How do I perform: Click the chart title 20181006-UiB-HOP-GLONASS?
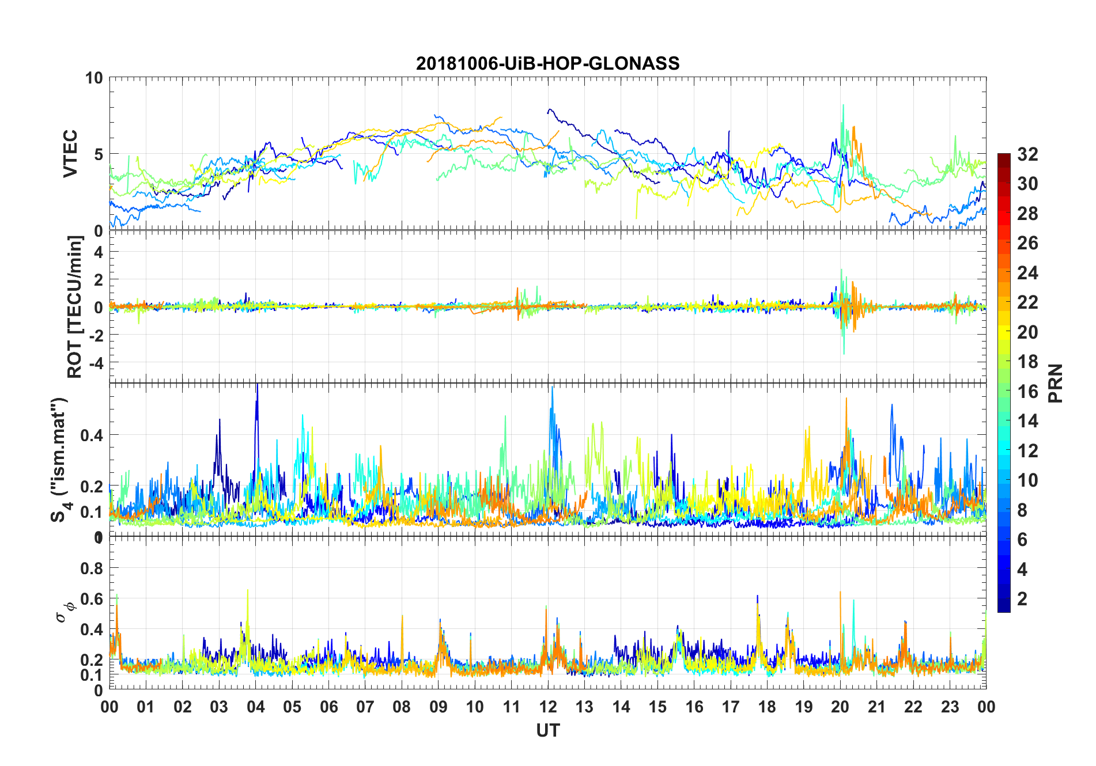[x=547, y=63]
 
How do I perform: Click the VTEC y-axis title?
[x=70, y=154]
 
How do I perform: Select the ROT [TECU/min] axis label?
[x=75, y=306]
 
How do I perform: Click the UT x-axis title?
[x=547, y=731]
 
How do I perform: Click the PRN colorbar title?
[x=1056, y=383]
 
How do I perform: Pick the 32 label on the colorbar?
[x=1027, y=154]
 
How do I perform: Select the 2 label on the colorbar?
[x=1022, y=599]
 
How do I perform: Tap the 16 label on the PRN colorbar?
[x=1027, y=392]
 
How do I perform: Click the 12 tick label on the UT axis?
[x=548, y=707]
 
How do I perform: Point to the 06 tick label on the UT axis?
[x=329, y=707]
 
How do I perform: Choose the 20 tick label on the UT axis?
[x=840, y=707]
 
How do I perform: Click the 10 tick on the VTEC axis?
[x=94, y=78]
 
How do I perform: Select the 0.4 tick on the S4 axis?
[x=92, y=435]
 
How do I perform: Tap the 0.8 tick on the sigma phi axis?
[x=92, y=568]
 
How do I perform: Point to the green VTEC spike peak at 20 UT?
[x=843, y=106]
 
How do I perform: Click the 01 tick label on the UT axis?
[x=146, y=707]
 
